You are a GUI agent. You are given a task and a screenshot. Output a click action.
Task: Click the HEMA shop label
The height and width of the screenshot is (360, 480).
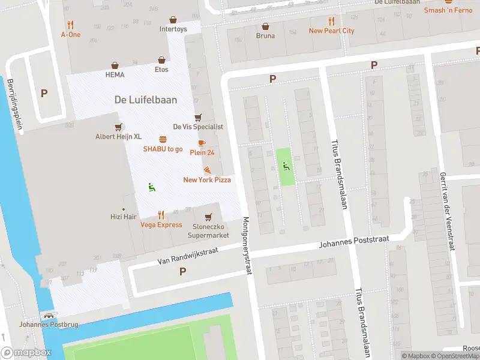point(115,75)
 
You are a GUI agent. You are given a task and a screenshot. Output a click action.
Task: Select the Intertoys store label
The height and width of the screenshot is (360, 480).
point(173,29)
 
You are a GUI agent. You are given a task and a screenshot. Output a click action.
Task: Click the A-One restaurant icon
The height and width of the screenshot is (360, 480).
point(71,25)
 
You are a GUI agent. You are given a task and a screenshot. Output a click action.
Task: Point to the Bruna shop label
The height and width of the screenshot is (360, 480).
point(265,35)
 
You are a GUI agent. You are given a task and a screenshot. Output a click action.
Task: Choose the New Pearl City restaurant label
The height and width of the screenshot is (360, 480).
point(331,31)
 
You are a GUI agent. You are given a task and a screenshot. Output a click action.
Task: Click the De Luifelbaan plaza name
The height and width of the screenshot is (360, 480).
point(146,100)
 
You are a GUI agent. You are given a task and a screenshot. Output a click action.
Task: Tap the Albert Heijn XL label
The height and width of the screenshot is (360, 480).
point(118,137)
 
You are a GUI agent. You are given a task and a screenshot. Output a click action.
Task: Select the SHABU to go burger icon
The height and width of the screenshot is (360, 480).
point(163,139)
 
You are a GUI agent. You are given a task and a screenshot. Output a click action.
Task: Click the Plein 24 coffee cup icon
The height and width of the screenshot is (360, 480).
point(201,143)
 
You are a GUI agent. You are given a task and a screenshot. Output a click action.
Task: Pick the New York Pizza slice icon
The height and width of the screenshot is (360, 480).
point(207,170)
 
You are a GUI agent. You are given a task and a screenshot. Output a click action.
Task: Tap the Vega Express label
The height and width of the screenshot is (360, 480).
point(161,225)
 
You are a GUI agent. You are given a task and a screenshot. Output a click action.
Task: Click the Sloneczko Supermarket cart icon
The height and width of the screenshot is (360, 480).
point(208,217)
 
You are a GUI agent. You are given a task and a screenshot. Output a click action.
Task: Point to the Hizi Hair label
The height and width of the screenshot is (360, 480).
point(124,217)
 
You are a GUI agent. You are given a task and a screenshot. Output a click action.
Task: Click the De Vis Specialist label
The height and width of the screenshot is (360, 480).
point(198,127)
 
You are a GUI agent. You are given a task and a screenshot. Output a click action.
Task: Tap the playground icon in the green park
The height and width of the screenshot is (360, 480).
point(286,166)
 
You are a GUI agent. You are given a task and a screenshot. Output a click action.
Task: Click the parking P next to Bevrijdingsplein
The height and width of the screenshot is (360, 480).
point(44,94)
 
